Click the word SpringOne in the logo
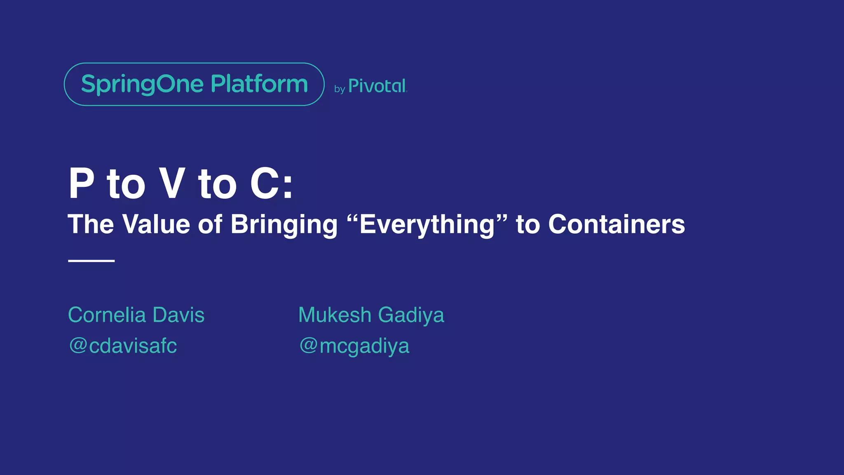pyautogui.click(x=142, y=85)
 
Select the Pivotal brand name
pyautogui.click(x=377, y=86)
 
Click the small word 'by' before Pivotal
pyautogui.click(x=339, y=89)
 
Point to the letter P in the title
pyautogui.click(x=82, y=183)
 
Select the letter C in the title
pyautogui.click(x=264, y=183)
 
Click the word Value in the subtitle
pyautogui.click(x=156, y=224)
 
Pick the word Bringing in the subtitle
pyautogui.click(x=284, y=225)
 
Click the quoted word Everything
pyautogui.click(x=427, y=224)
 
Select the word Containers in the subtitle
pyautogui.click(x=616, y=224)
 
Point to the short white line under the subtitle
pyautogui.click(x=91, y=261)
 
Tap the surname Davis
pyautogui.click(x=178, y=315)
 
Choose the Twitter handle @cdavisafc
pyautogui.click(x=123, y=346)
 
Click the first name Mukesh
pyautogui.click(x=335, y=315)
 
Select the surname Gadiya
pyautogui.click(x=411, y=316)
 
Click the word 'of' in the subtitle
pyautogui.click(x=210, y=224)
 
